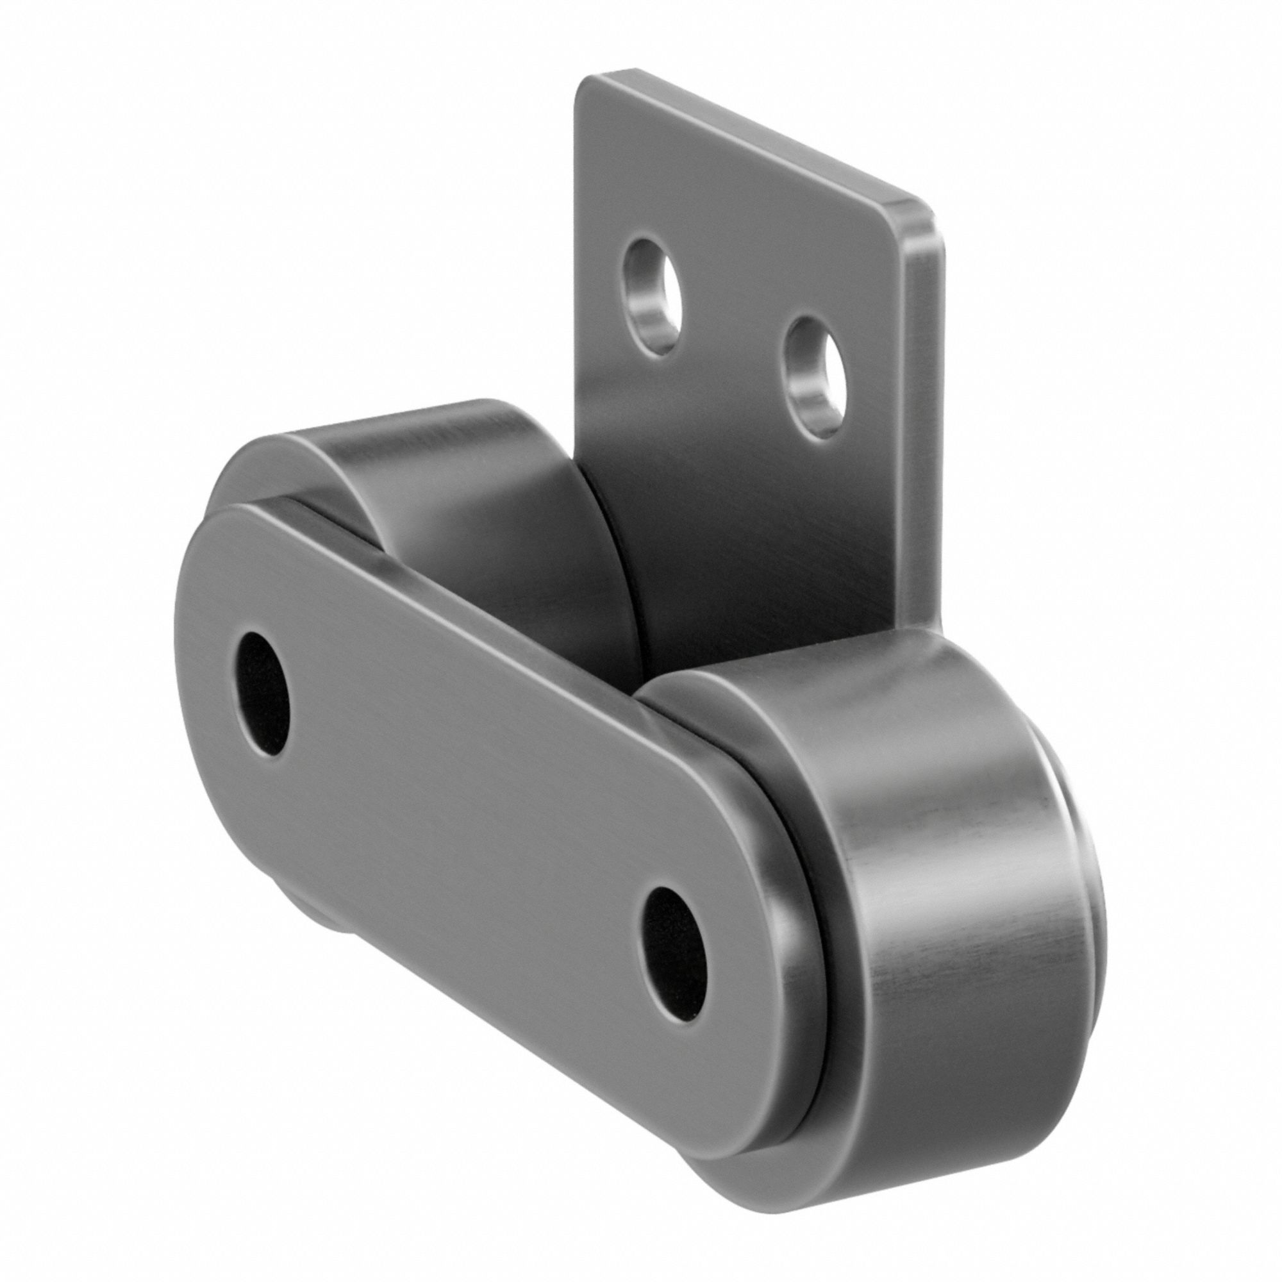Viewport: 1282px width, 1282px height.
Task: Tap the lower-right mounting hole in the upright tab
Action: tap(815, 377)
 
